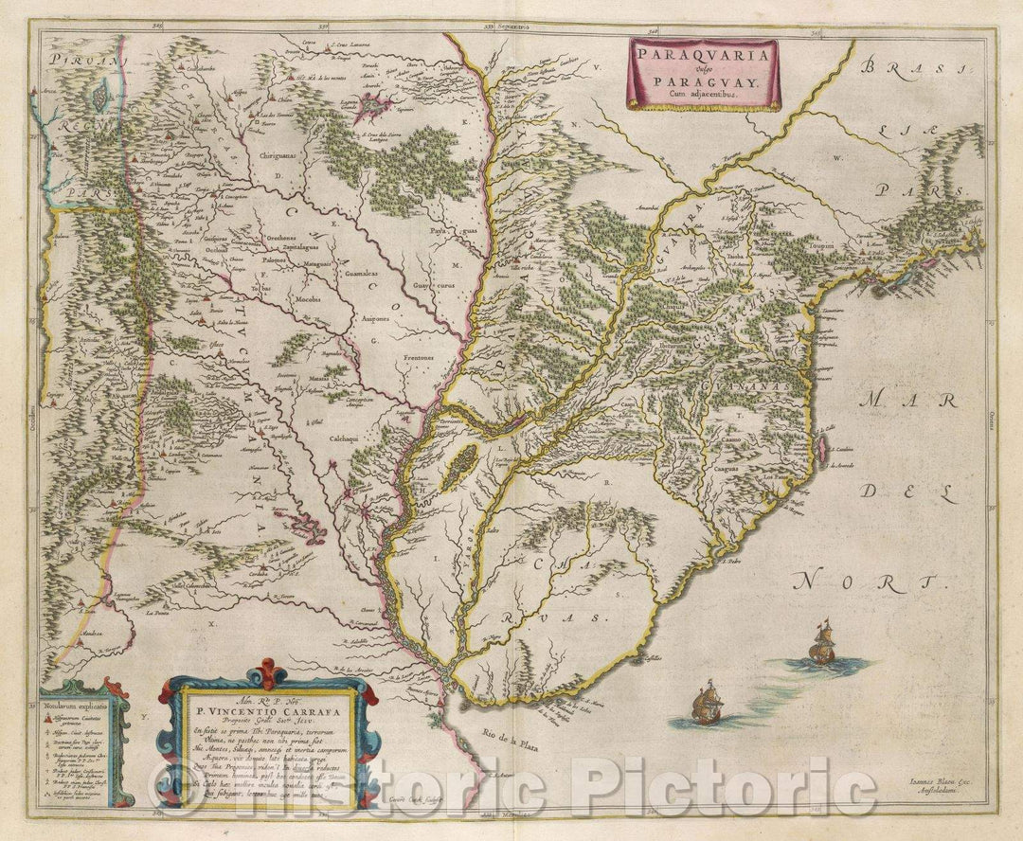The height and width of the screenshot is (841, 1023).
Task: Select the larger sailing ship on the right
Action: coord(820,643)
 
